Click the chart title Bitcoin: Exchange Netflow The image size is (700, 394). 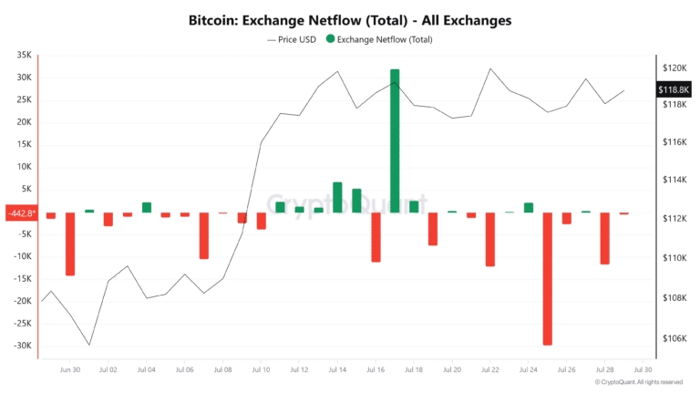pyautogui.click(x=349, y=19)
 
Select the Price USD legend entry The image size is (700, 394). pyautogui.click(x=292, y=40)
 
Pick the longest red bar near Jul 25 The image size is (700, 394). pyautogui.click(x=547, y=278)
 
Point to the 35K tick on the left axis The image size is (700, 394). pyautogui.click(x=24, y=55)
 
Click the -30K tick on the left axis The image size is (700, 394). pyautogui.click(x=22, y=346)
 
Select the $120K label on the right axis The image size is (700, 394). pyautogui.click(x=675, y=67)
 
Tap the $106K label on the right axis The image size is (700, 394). pyautogui.click(x=675, y=338)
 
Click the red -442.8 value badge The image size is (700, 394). pyautogui.click(x=19, y=213)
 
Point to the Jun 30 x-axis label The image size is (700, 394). pyautogui.click(x=70, y=370)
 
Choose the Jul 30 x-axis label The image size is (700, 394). pyautogui.click(x=643, y=370)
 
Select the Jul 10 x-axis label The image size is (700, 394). pyautogui.click(x=261, y=370)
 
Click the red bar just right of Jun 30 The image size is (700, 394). pyautogui.click(x=70, y=244)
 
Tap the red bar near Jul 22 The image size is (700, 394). pyautogui.click(x=489, y=239)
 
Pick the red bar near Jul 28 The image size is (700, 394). pyautogui.click(x=604, y=238)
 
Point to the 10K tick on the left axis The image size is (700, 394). pyautogui.click(x=24, y=167)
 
